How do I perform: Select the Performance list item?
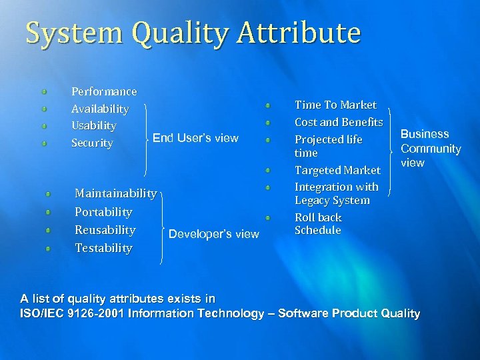point(104,92)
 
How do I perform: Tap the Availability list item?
point(100,109)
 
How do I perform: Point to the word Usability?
point(94,126)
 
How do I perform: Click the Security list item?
point(92,143)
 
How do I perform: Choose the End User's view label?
point(195,139)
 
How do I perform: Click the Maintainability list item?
point(115,194)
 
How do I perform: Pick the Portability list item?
point(103,212)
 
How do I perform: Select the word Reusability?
point(105,230)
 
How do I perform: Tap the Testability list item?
point(103,248)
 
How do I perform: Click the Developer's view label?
point(214,234)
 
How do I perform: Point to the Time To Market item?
point(335,105)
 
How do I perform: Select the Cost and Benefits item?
point(339,123)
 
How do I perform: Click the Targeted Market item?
point(337,171)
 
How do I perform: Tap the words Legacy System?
point(332,201)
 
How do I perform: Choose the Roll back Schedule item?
point(318,224)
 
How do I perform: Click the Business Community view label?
point(430,149)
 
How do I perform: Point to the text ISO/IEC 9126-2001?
point(72,313)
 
